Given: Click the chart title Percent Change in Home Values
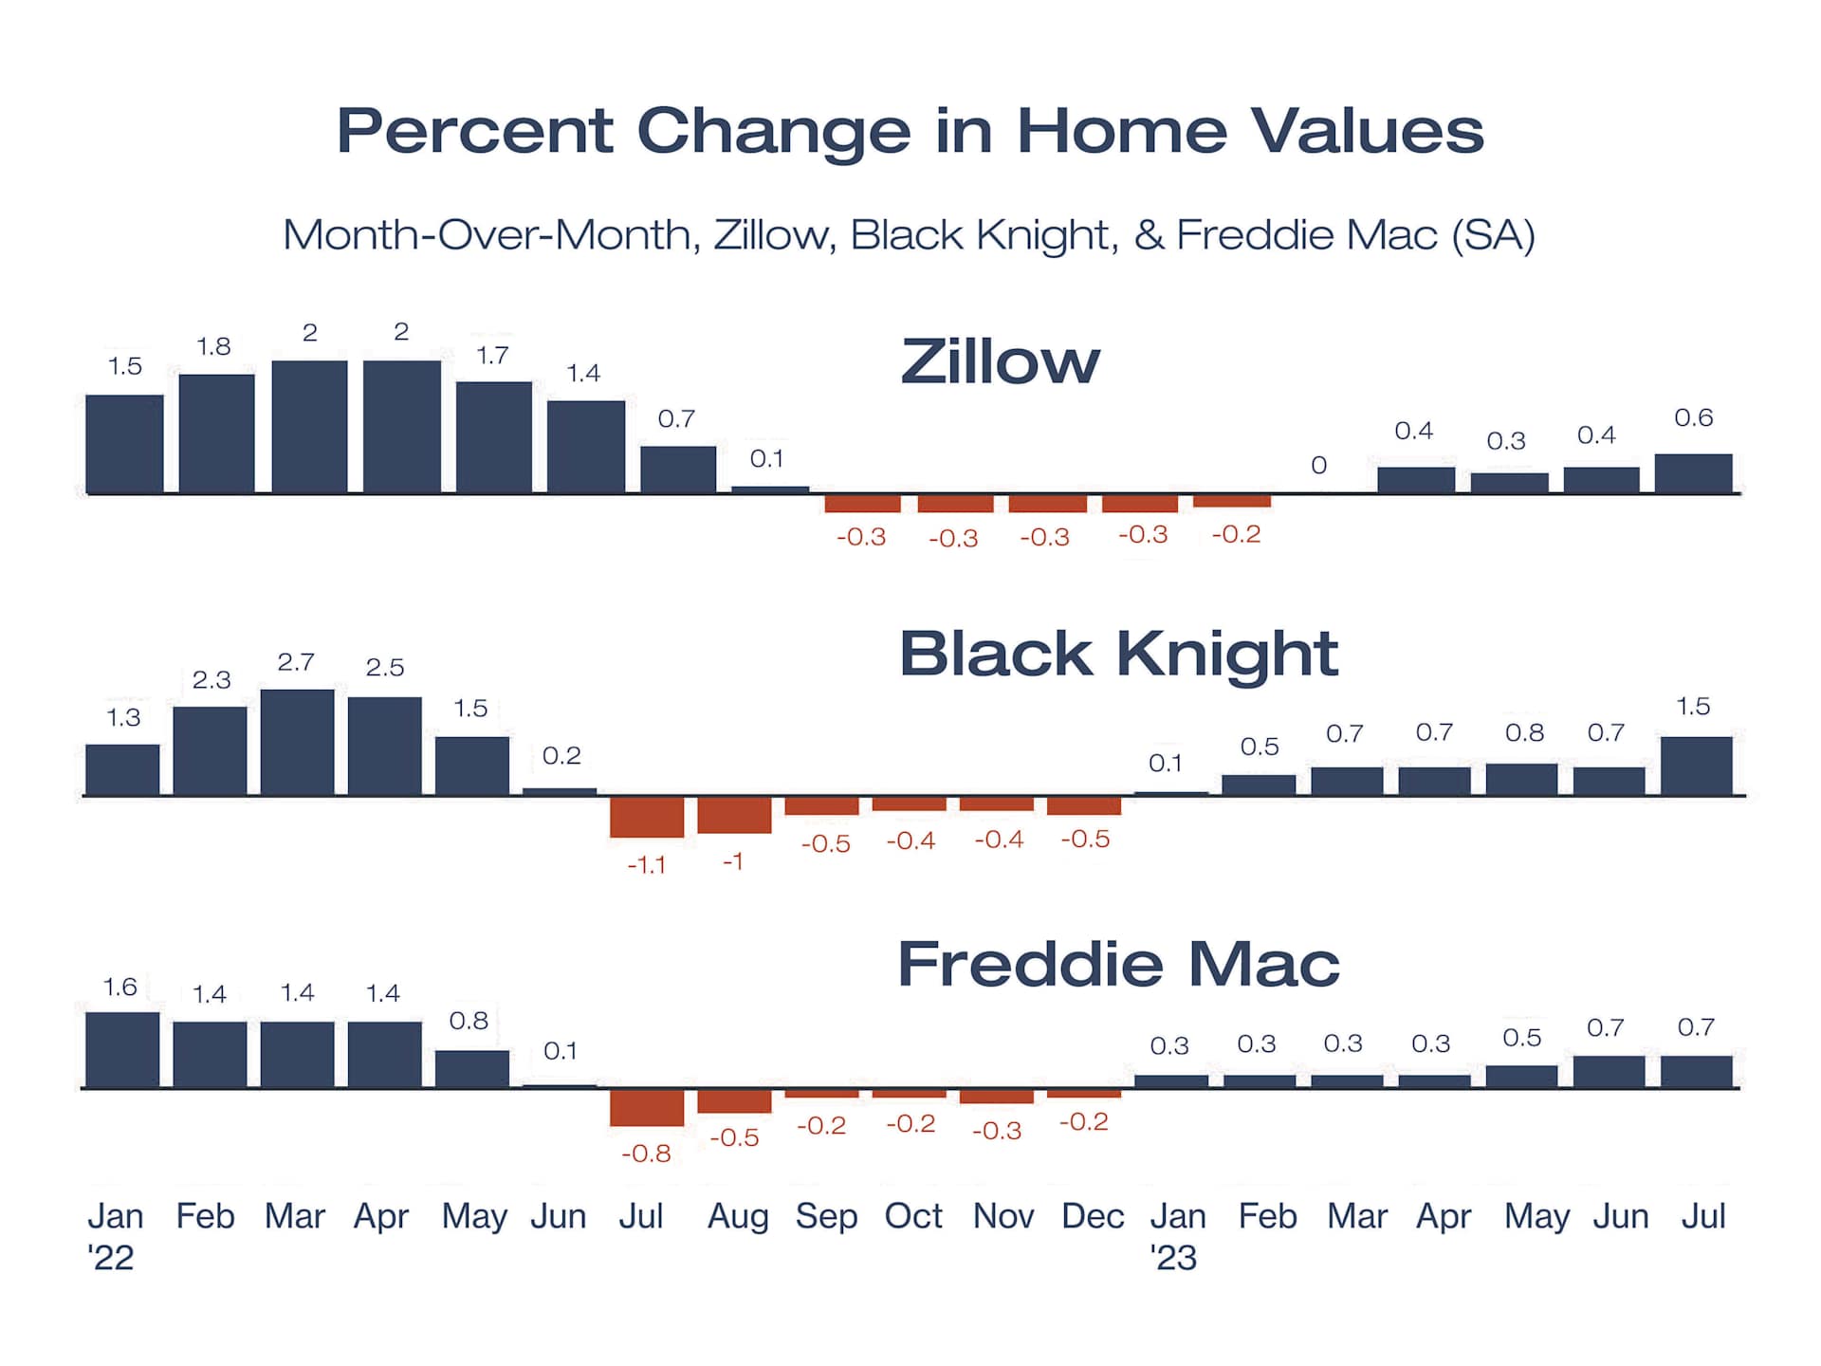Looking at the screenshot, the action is [910, 132].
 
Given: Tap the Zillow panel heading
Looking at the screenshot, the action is [1001, 361].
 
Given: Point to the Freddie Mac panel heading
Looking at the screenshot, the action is [1119, 964].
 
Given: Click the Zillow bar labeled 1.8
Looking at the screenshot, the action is [217, 434].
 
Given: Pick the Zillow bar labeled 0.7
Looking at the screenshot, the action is [678, 470].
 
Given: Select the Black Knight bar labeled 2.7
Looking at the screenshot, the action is [298, 742].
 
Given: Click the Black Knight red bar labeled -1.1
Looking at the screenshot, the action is [647, 817].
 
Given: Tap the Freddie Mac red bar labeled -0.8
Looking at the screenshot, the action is [647, 1108].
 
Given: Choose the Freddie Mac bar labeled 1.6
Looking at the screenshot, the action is [122, 1050].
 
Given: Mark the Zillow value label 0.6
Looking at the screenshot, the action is [1694, 417].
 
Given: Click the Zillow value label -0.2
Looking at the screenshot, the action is [1237, 534].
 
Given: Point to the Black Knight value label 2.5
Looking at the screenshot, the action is [385, 667].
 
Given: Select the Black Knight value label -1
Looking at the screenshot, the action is [733, 861].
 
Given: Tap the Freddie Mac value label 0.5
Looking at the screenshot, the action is [1522, 1038].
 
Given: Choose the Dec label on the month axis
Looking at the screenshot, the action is [1093, 1216].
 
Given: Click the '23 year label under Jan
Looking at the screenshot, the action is [1174, 1258].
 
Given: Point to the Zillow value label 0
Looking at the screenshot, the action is [1319, 465].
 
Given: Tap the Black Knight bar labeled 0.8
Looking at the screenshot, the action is [1522, 780].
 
